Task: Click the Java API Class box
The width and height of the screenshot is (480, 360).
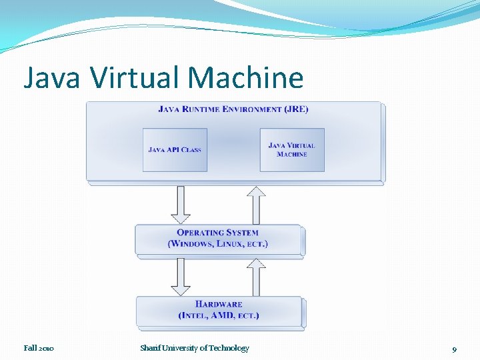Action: point(175,149)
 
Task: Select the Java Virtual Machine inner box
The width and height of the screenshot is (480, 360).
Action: point(292,149)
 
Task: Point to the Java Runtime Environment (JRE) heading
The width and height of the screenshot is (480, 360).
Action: point(233,109)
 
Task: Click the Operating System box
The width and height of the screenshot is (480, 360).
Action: point(219,239)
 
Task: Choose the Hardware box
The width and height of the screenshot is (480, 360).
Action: point(219,311)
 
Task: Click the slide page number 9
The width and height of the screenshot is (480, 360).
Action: point(454,349)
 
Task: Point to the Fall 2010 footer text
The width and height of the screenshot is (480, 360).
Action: point(39,348)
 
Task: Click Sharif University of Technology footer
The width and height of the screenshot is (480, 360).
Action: point(195,348)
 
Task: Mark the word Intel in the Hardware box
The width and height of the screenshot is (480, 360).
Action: point(193,315)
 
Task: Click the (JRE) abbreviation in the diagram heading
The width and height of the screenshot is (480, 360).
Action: point(295,109)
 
